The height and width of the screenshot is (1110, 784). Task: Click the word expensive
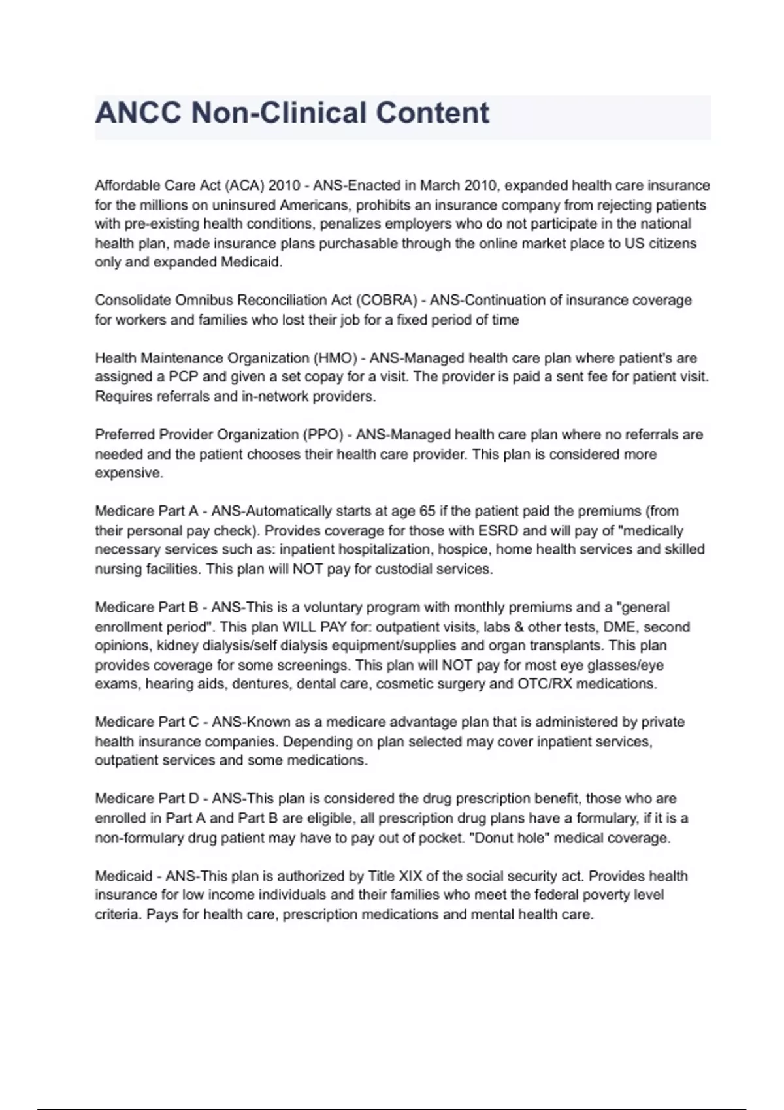click(x=129, y=473)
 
